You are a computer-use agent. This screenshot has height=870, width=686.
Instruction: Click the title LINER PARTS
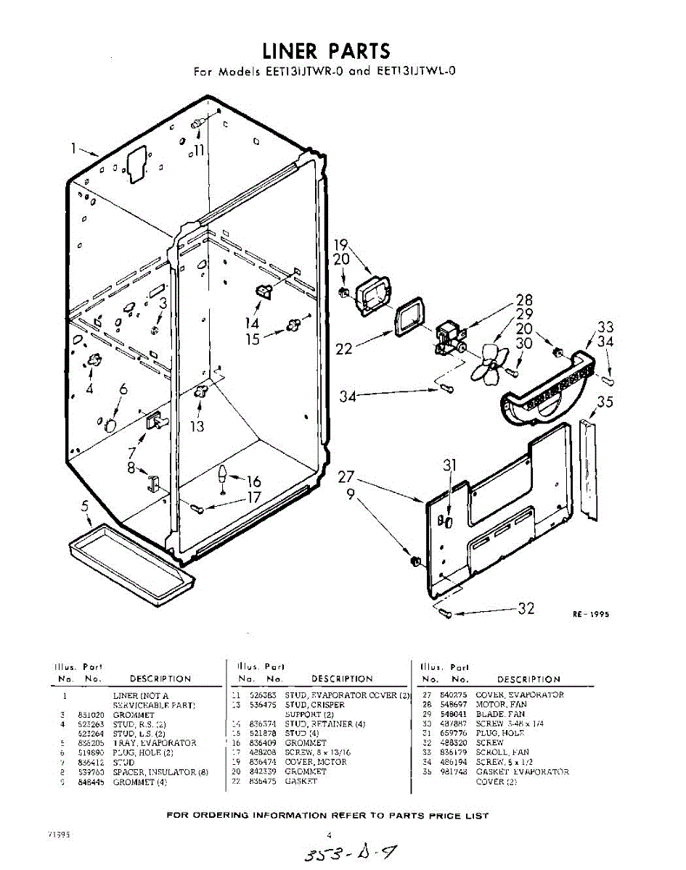click(326, 51)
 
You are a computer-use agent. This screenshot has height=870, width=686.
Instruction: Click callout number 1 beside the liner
click(74, 149)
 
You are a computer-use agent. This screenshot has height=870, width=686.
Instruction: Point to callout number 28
click(524, 300)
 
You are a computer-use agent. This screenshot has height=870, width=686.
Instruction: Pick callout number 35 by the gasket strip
click(605, 403)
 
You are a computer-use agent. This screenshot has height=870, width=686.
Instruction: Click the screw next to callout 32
click(446, 614)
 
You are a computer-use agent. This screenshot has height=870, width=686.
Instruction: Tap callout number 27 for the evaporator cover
click(346, 477)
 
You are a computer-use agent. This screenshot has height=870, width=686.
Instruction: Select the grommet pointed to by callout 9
click(416, 561)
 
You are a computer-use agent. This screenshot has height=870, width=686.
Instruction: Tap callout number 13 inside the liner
click(197, 426)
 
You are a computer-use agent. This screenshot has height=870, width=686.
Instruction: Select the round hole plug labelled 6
click(110, 423)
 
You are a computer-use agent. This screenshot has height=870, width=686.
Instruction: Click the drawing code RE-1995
click(590, 614)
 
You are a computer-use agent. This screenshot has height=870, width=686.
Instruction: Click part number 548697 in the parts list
click(453, 704)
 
